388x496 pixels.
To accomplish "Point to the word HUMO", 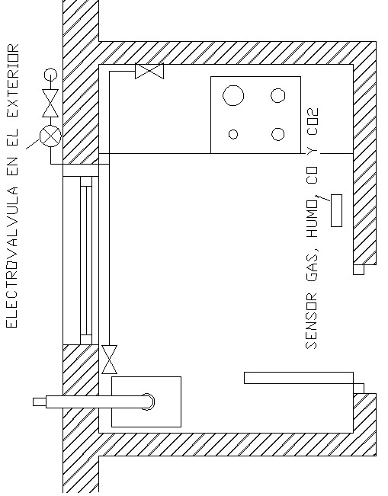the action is [x=312, y=219].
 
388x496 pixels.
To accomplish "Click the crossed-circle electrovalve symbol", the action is [x=50, y=136].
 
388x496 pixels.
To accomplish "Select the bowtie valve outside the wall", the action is [x=50, y=103].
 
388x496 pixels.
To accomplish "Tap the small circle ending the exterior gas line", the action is [x=50, y=75].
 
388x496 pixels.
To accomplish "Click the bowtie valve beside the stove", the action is [x=149, y=71].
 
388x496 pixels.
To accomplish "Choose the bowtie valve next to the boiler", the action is [x=109, y=360].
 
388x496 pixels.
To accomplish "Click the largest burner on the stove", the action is [x=233, y=95].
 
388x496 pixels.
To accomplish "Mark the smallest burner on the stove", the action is [x=233, y=134].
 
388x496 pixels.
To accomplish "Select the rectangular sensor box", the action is [x=336, y=211].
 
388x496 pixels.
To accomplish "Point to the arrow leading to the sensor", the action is [x=323, y=198].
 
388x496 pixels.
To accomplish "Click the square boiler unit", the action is [x=146, y=402].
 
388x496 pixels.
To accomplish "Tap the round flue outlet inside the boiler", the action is [x=147, y=402].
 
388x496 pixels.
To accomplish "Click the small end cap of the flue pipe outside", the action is [x=40, y=402].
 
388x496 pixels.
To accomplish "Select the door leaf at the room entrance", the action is [x=299, y=378].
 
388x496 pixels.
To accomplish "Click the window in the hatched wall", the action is [x=86, y=261].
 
